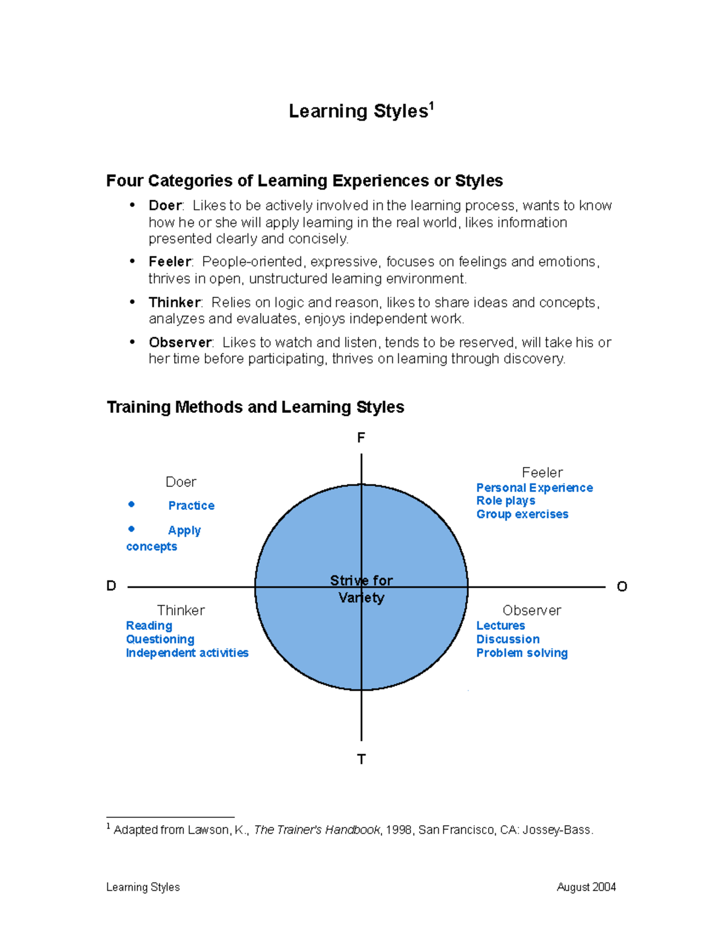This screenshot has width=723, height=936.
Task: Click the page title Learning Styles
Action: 358,112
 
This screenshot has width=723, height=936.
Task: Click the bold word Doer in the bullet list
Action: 165,206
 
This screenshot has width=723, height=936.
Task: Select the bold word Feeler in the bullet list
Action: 170,262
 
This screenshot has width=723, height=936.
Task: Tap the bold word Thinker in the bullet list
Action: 175,302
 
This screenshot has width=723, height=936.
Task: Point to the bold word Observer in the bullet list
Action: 180,342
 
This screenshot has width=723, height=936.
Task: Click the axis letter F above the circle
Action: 361,438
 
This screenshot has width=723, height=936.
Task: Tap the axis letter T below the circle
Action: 361,759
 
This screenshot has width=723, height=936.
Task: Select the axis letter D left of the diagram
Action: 111,586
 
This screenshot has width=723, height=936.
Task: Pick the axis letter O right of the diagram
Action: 622,586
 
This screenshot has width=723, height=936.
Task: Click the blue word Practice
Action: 191,506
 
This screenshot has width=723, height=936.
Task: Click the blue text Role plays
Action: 505,501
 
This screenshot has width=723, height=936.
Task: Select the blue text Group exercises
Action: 522,514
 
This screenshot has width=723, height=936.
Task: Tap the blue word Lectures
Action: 500,626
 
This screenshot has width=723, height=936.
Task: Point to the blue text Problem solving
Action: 522,653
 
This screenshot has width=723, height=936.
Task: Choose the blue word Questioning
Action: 160,639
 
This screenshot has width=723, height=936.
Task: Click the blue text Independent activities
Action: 187,653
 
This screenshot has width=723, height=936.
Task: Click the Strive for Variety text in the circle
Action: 361,589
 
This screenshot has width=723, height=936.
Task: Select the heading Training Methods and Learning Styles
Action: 255,407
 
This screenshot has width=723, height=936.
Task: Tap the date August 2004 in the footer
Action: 586,887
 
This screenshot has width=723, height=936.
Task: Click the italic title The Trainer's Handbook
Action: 317,830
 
